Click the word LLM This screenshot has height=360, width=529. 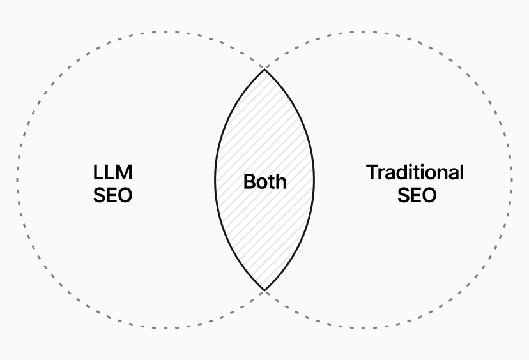coord(112,172)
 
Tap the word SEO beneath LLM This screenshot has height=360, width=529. coord(112,195)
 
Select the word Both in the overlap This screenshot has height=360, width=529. coord(264,182)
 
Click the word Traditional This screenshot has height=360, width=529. coord(415,172)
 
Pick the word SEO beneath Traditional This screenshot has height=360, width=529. coord(417,195)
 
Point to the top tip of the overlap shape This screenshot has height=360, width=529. coord(264,69)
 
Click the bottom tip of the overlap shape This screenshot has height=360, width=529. coord(264,291)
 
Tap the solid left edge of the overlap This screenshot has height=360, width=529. coord(215,180)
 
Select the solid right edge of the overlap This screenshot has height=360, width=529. coord(314,180)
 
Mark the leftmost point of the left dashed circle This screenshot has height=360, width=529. coord(17,180)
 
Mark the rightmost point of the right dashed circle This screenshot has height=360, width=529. coord(512,180)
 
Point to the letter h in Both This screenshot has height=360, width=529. coord(281,182)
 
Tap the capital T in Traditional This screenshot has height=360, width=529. coord(372,172)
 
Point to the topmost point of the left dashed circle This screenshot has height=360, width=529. coord(165,31)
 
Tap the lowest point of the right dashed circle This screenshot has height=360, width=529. coord(364,329)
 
